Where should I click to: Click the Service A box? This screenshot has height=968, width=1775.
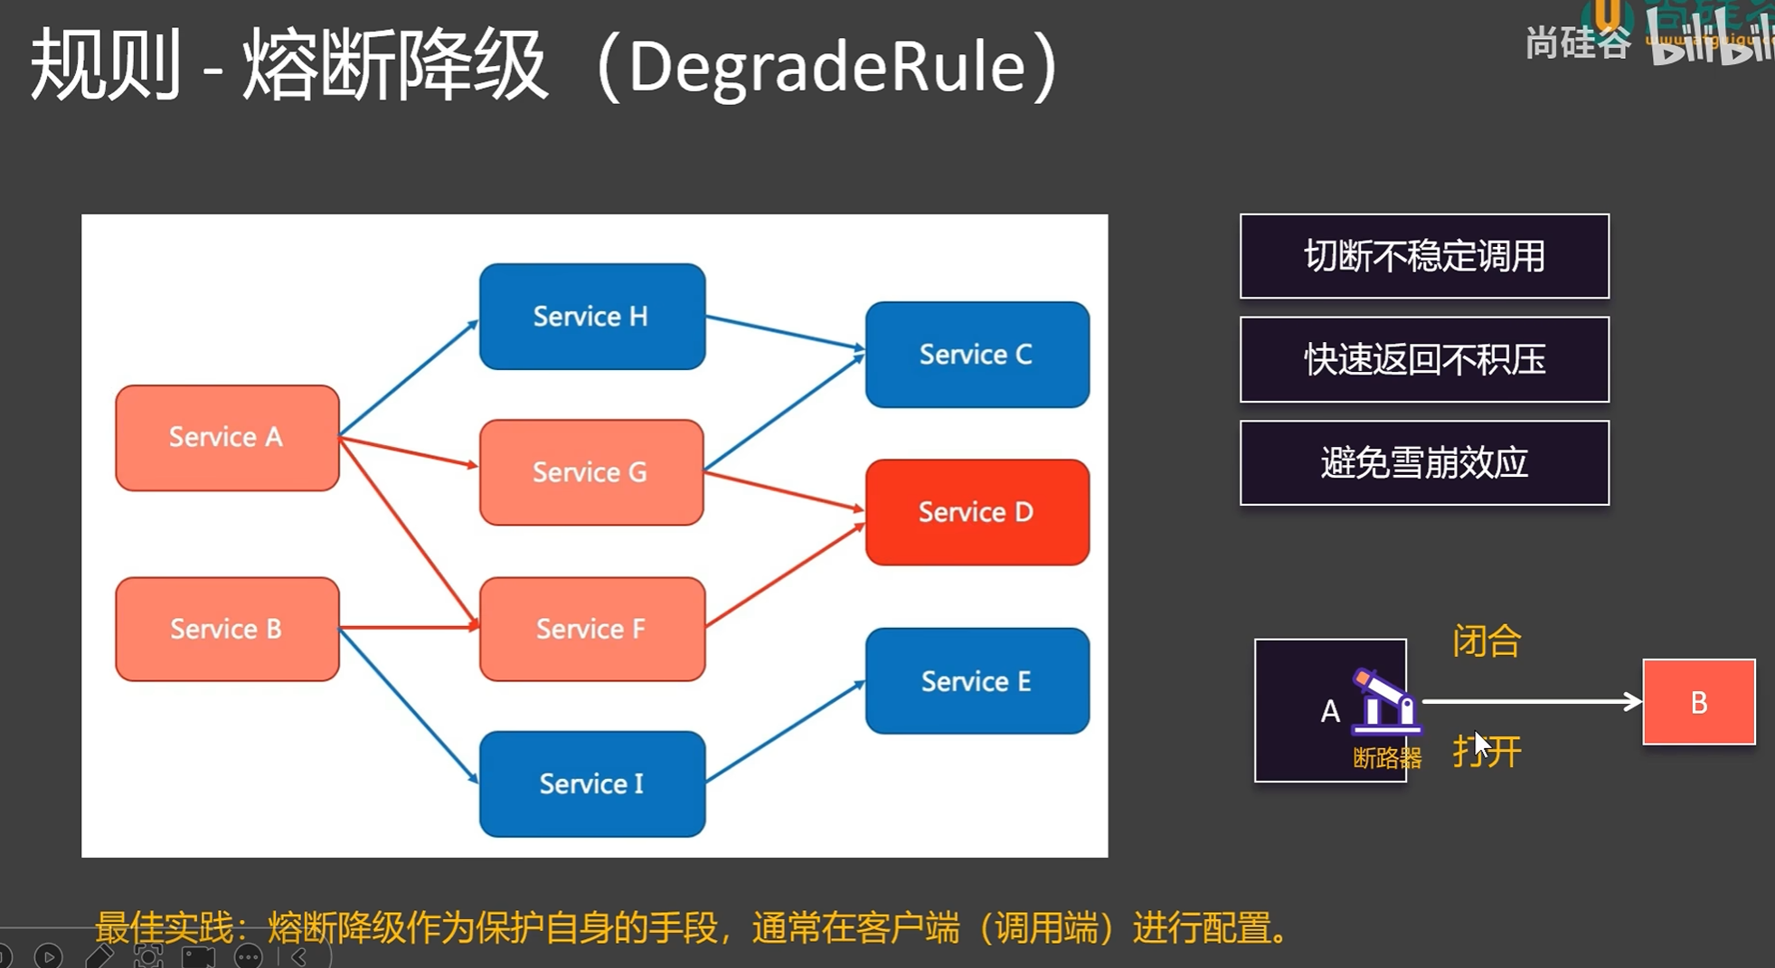click(227, 438)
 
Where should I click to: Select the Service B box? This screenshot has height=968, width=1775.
click(227, 629)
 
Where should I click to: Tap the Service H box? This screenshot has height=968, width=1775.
click(591, 317)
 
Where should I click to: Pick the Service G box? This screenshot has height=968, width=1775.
click(591, 472)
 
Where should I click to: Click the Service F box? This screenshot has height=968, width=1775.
click(591, 629)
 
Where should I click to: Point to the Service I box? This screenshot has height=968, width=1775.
click(591, 783)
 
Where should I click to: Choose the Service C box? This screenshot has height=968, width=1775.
click(977, 355)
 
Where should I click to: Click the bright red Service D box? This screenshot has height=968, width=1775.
click(977, 512)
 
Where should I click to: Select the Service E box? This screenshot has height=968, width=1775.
click(977, 681)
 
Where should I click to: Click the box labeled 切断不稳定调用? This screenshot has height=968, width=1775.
click(1424, 256)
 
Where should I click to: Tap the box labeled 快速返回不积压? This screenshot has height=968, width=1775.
click(1424, 359)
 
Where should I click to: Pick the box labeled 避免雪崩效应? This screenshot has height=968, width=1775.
click(1424, 463)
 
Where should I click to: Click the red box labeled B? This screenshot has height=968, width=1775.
click(1698, 702)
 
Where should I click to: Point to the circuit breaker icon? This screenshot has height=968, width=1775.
click(1383, 700)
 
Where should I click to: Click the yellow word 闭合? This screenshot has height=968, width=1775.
click(1487, 641)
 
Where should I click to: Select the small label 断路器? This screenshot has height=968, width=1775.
click(1386, 758)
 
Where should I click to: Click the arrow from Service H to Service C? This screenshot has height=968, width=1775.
click(785, 332)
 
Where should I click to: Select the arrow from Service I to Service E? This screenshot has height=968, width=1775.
click(785, 732)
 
